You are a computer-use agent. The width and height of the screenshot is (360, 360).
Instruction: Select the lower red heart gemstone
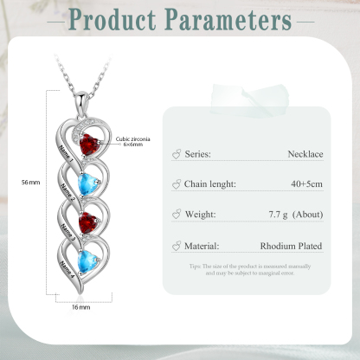[x=88, y=222]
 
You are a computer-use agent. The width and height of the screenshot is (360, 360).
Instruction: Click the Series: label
[x=198, y=154]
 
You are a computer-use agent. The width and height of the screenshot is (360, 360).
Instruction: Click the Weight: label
[x=200, y=215]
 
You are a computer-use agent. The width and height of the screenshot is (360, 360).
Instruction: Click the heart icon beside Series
[x=177, y=154]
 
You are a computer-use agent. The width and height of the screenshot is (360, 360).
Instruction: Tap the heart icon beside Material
[x=177, y=246]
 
